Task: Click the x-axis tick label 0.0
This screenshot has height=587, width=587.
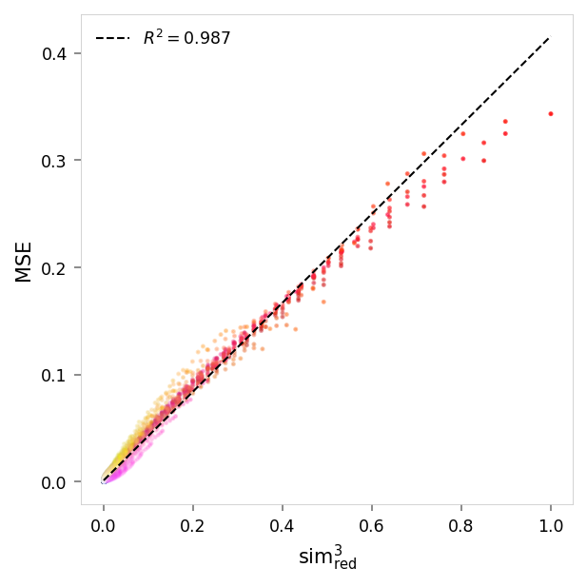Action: tap(103, 524)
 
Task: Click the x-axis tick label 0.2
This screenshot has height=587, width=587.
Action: tap(192, 524)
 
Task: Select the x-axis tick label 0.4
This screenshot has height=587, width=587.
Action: tap(282, 524)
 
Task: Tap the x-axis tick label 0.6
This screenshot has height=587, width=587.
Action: tap(371, 524)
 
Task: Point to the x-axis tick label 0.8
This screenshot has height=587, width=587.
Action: tap(460, 524)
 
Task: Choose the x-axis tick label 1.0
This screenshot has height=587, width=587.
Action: tap(550, 524)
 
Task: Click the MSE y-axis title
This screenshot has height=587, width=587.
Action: tap(24, 262)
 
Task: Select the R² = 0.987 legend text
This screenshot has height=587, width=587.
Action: tap(186, 39)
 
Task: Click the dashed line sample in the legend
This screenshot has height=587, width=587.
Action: tap(112, 39)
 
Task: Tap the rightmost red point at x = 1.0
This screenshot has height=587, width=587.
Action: tap(550, 114)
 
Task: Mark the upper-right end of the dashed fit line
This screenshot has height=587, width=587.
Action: tap(550, 38)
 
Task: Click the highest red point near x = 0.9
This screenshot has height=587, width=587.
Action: tap(505, 122)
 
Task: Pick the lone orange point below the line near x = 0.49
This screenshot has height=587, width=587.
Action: tap(323, 302)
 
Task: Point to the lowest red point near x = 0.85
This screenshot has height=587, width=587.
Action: tap(483, 161)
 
